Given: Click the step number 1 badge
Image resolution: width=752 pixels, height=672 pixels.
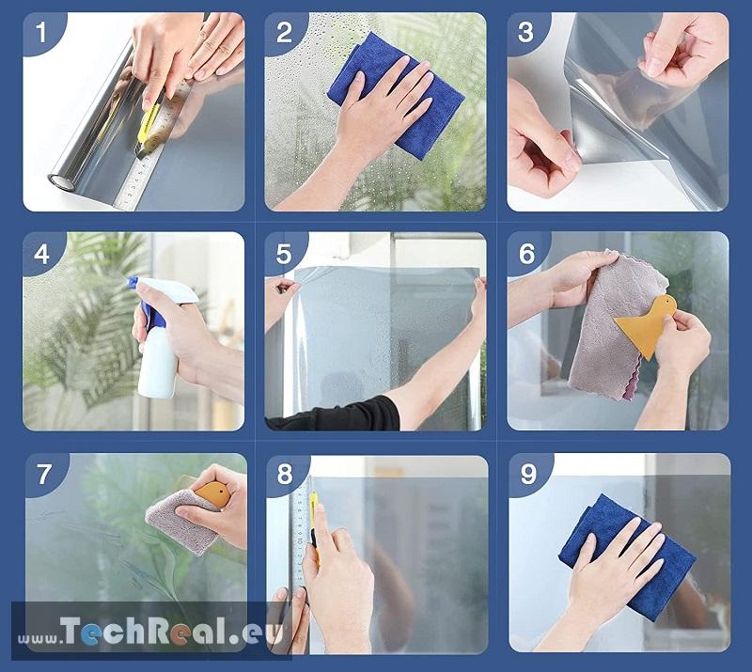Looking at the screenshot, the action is tap(41, 33).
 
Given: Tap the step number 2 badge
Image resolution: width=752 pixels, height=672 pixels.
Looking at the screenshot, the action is tap(284, 33).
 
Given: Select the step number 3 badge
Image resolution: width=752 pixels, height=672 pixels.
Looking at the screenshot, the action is tap(526, 33).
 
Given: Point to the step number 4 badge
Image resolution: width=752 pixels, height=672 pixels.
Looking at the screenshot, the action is tap(41, 253).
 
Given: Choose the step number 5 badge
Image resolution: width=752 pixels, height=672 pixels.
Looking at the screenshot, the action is tap(284, 253).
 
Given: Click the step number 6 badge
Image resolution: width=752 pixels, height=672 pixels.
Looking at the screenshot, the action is tap(526, 253).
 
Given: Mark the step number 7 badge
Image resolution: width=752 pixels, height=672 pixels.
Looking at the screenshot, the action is tap(44, 474).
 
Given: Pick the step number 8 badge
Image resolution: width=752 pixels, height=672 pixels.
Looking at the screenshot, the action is tap(285, 475).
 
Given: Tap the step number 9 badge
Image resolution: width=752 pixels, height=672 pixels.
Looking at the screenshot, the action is tap(528, 474).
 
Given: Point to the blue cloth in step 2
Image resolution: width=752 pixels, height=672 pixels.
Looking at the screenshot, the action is tap(395, 94).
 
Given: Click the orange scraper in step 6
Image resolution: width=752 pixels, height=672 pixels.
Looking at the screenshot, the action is tap(647, 325).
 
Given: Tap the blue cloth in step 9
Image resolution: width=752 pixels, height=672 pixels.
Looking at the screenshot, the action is tap(628, 557).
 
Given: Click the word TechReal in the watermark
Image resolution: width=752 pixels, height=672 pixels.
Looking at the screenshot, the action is tap(144, 631).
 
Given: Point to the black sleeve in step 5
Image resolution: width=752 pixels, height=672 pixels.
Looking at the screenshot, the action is tap(336, 414).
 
